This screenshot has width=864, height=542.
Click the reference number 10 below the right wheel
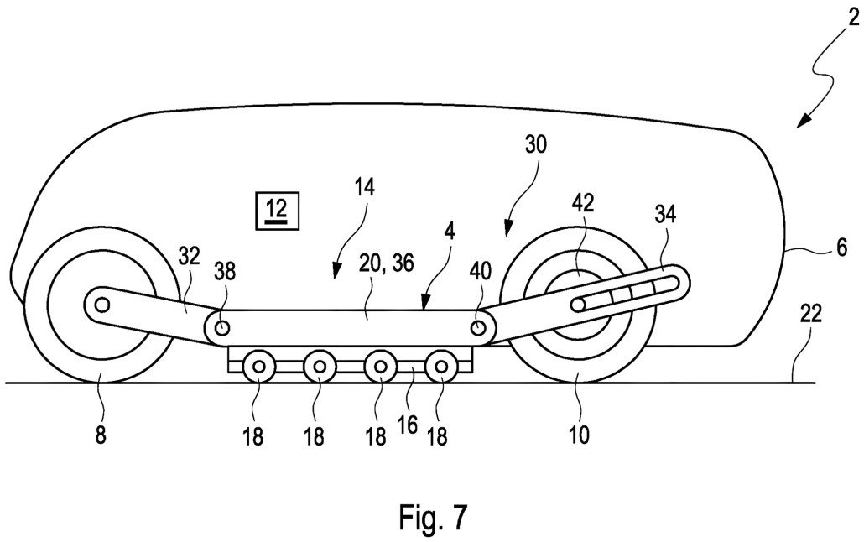click(579, 435)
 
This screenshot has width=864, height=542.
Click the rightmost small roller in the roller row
click(441, 367)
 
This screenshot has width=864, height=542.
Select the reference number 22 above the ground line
click(811, 315)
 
